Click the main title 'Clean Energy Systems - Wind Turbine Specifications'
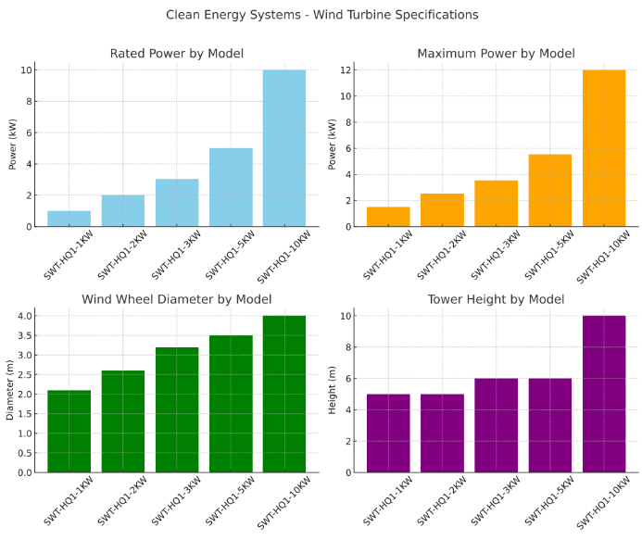321,15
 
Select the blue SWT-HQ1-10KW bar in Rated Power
284,148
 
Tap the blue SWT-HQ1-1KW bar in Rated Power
69,219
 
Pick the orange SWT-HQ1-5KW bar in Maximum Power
550,191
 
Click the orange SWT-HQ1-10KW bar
604,148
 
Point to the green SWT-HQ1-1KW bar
69,431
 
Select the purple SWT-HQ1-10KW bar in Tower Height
604,394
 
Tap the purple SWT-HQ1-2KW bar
443,433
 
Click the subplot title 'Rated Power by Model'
177,54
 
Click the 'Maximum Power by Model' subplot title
497,54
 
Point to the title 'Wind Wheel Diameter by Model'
177,299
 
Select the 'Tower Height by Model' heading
497,299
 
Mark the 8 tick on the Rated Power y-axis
27,102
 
